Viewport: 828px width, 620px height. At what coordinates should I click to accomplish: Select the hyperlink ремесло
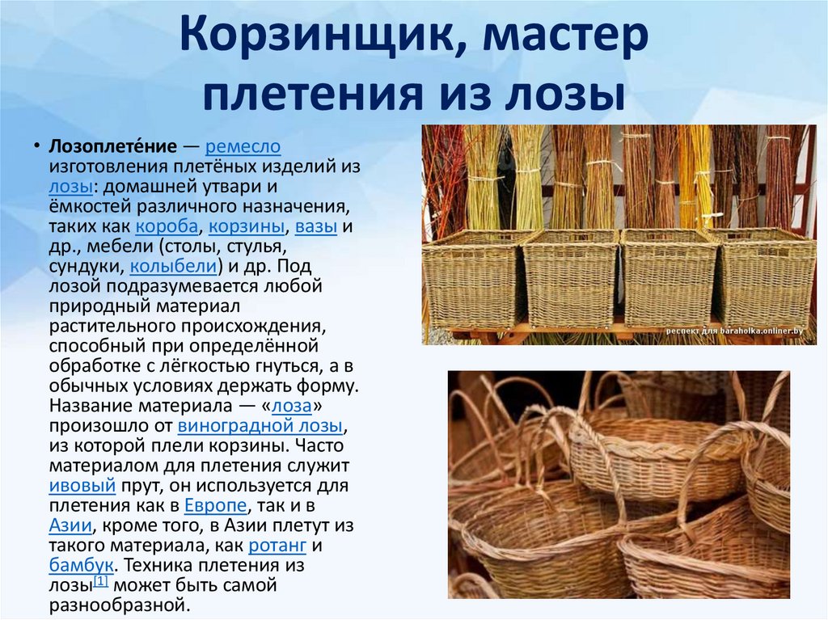243,147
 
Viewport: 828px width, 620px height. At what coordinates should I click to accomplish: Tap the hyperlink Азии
70,525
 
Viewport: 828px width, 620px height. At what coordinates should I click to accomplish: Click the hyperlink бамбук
81,565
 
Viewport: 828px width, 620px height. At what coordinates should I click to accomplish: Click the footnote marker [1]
101,581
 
